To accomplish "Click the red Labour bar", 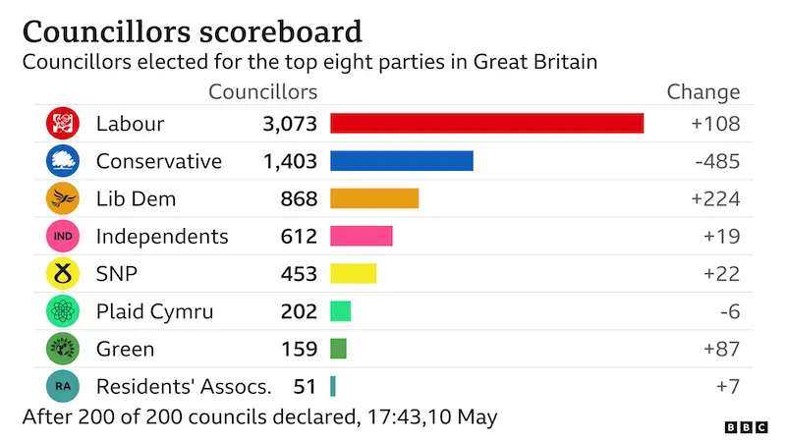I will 486,124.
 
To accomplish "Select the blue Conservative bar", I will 401,161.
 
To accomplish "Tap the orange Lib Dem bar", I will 374,198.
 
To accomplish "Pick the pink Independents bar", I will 361,236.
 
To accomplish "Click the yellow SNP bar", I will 353,273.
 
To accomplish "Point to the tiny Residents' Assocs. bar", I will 333,386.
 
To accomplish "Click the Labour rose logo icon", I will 62,124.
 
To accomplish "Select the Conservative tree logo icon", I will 62,161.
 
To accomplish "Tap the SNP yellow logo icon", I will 62,274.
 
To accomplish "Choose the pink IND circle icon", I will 62,237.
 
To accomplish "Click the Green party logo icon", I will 62,349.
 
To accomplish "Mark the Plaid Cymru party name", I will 154,311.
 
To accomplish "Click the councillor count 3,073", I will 290,125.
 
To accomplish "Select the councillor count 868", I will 298,199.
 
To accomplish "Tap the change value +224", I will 714,199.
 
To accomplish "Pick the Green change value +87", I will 720,349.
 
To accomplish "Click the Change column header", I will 702,92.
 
